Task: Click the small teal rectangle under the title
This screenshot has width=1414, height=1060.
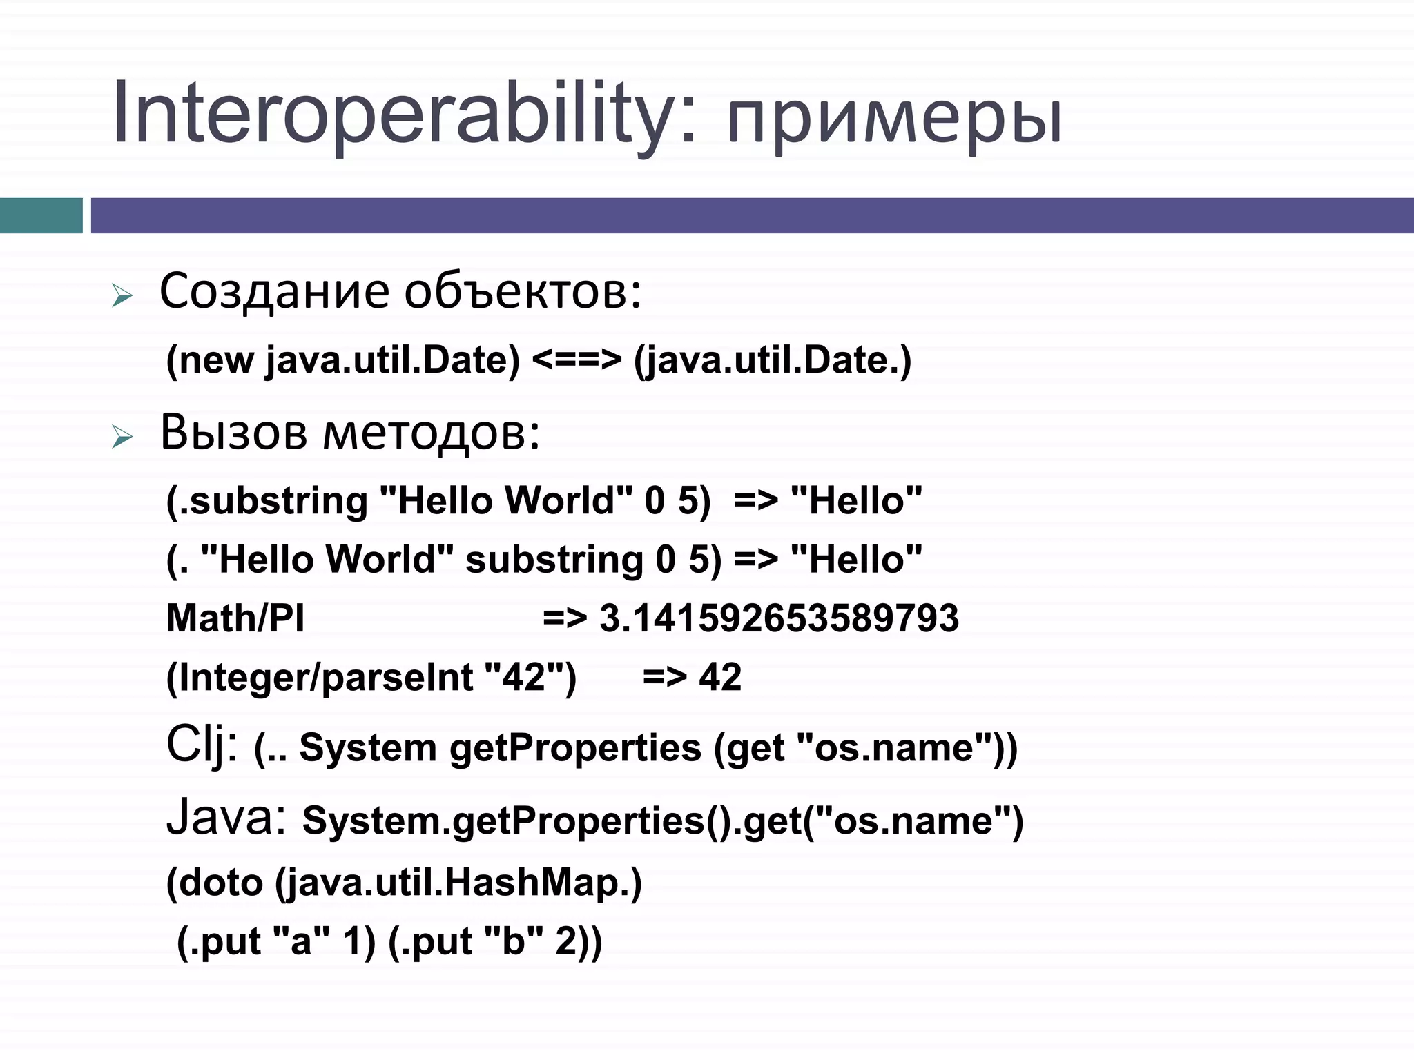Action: click(41, 215)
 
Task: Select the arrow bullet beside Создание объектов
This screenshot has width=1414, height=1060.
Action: click(122, 297)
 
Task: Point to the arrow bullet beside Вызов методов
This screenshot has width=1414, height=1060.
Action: click(122, 438)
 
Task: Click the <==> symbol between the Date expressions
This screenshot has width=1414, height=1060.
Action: click(577, 360)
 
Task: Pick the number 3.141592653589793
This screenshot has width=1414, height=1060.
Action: click(779, 618)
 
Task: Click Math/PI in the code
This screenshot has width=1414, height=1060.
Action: click(235, 618)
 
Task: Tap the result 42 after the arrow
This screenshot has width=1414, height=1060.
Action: click(720, 677)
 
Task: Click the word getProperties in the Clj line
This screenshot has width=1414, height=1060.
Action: click(575, 748)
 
